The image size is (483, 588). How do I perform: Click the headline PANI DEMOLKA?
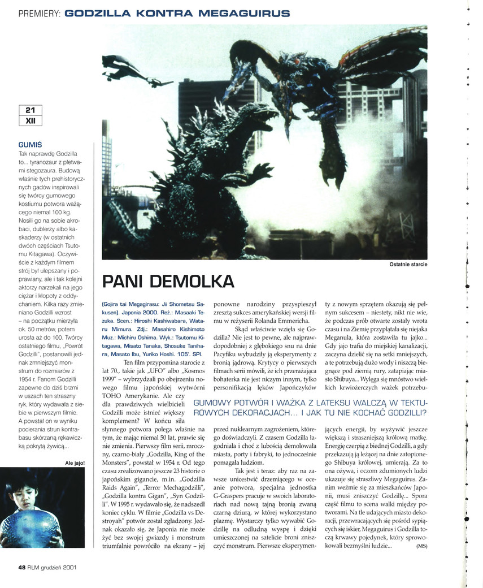tap(168, 281)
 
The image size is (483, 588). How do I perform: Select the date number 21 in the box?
tap(30, 110)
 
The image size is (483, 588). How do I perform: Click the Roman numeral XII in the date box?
tap(30, 120)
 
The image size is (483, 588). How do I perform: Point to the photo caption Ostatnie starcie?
tap(408, 264)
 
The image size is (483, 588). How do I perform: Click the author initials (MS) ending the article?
tap(421, 546)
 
